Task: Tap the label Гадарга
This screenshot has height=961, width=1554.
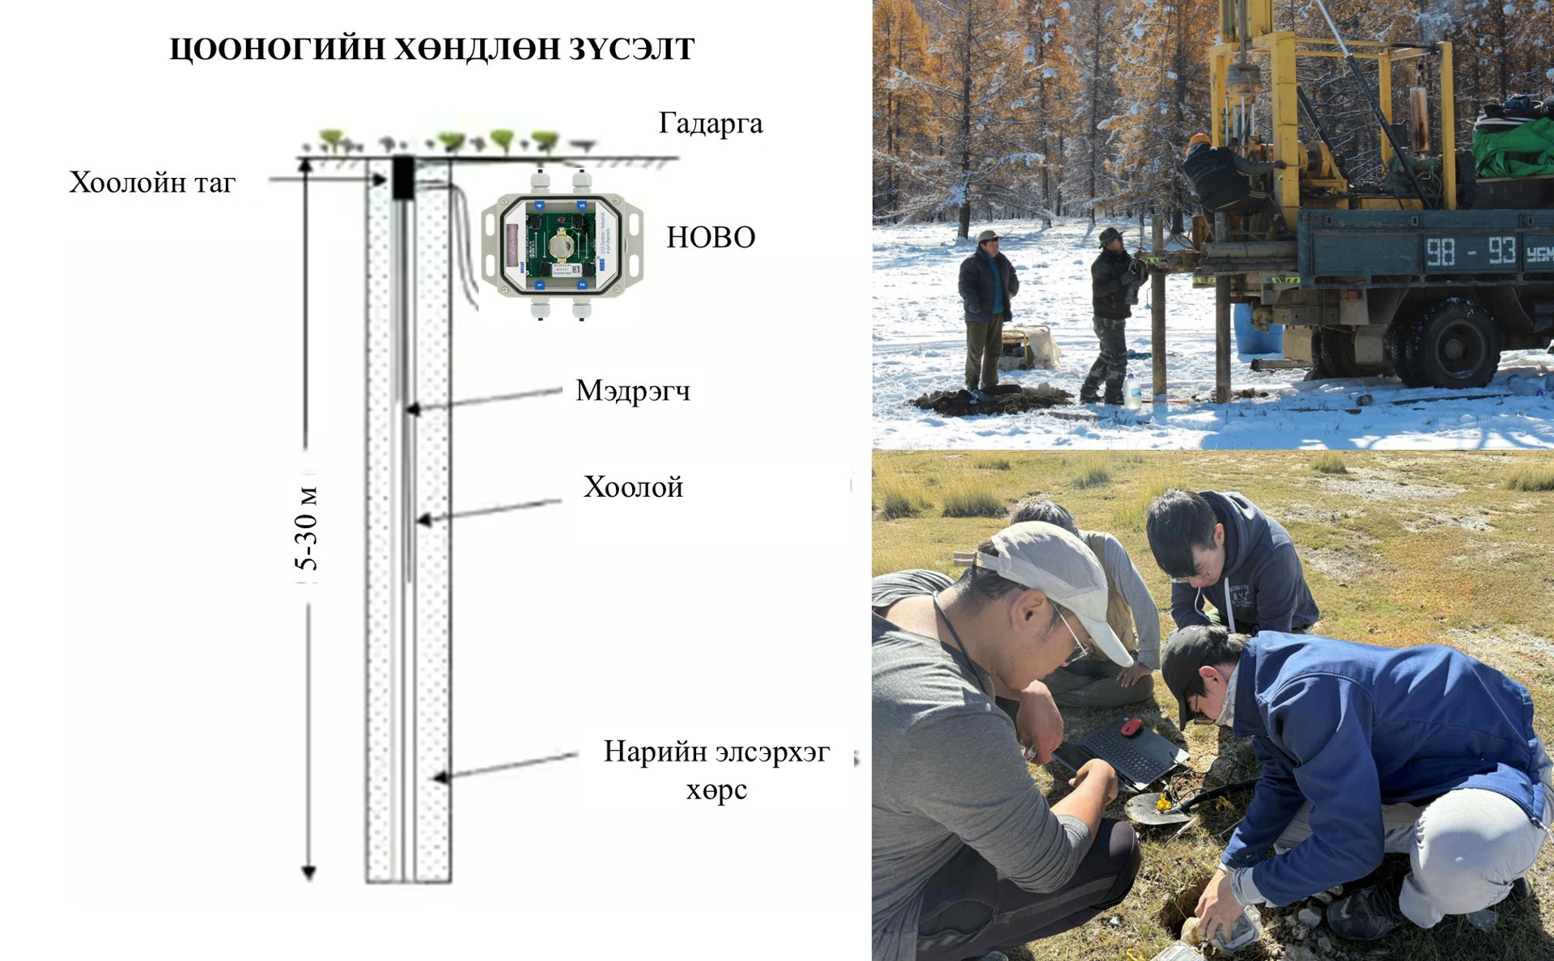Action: point(711,124)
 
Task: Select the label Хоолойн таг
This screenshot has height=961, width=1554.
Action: point(152,183)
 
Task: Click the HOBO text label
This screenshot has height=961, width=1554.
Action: point(711,237)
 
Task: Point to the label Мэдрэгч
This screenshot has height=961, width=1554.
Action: point(633,392)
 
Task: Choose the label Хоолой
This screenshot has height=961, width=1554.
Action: point(633,487)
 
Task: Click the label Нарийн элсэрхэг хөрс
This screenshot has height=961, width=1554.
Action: point(717,770)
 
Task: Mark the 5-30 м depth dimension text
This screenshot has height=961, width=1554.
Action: point(308,529)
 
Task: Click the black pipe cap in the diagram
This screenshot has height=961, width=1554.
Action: point(403,178)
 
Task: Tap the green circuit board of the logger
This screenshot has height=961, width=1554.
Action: point(562,243)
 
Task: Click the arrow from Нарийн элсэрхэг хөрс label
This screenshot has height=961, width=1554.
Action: point(506,766)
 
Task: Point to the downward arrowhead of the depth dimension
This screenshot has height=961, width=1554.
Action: point(308,873)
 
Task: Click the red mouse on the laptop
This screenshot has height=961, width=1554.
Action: point(1132,726)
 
